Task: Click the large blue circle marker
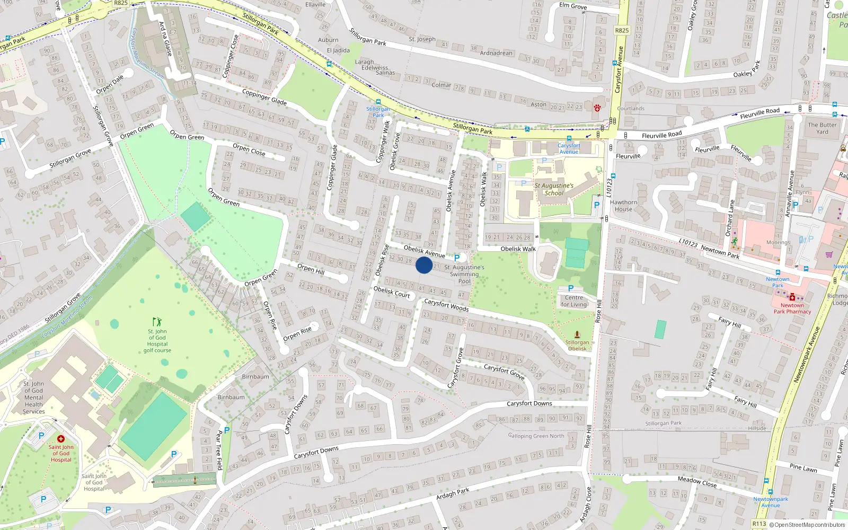(x=424, y=265)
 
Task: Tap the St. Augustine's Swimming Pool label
(x=464, y=274)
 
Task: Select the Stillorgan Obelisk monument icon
(x=577, y=334)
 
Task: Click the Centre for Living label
(x=574, y=301)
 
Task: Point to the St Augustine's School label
(x=554, y=189)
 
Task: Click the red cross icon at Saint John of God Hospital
(x=61, y=439)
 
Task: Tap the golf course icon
(x=157, y=322)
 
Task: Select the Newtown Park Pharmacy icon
(x=792, y=297)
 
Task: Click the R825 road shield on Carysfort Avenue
(x=622, y=30)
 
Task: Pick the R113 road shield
(x=759, y=524)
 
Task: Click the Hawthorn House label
(x=623, y=206)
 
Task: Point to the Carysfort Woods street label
(x=446, y=305)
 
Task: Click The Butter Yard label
(x=822, y=128)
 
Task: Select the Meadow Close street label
(x=697, y=481)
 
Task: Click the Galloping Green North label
(x=536, y=436)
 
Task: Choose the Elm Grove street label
(x=573, y=6)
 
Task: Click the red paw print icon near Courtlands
(x=597, y=108)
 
